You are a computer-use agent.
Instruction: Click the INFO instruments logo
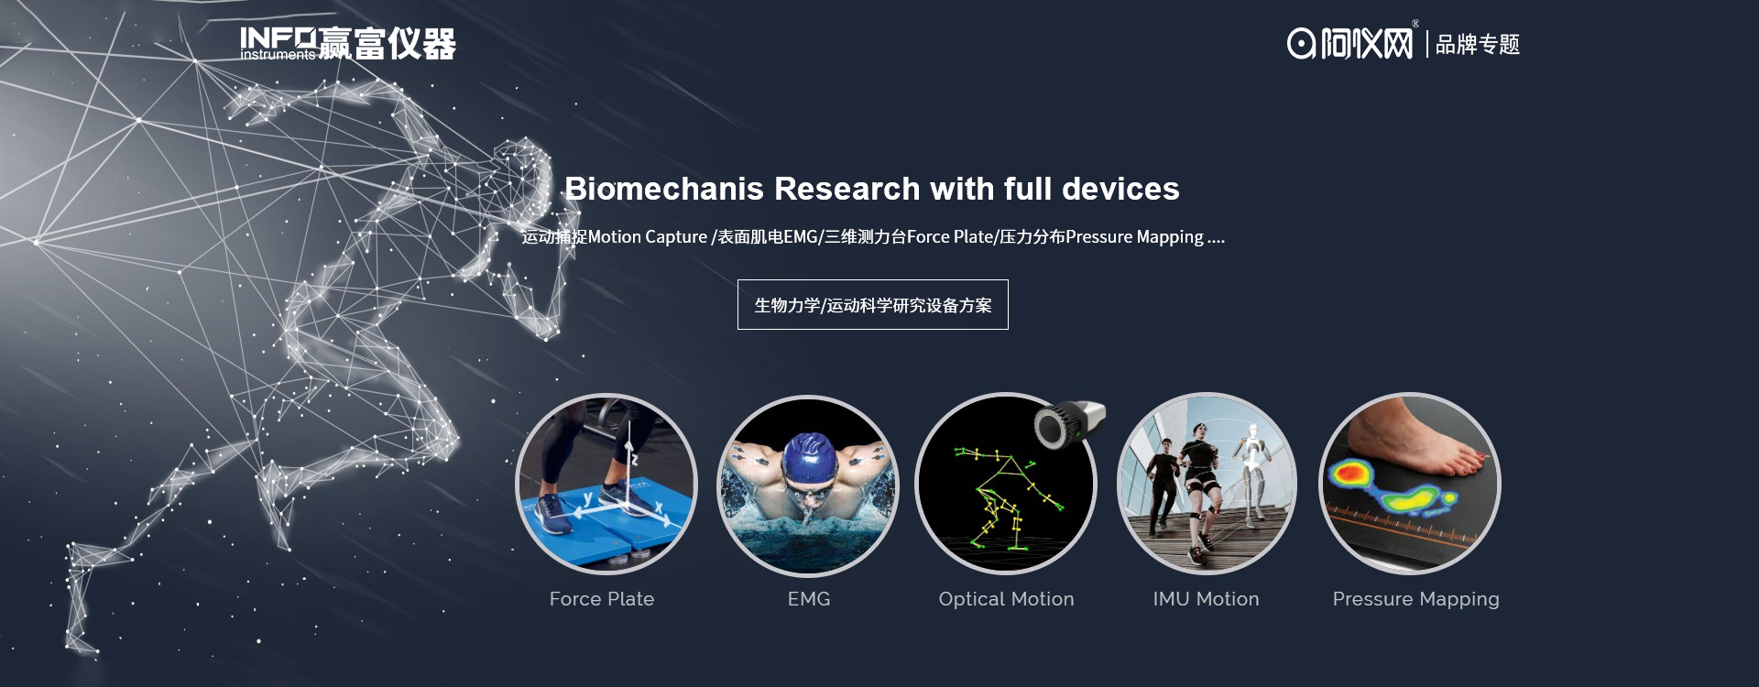coord(348,43)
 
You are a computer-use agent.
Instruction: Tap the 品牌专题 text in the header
coord(1477,44)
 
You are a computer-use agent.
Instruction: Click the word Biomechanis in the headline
coord(664,189)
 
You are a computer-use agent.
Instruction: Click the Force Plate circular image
coord(606,485)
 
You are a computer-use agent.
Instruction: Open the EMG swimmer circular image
coord(807,485)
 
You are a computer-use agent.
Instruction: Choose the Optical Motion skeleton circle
coord(1006,485)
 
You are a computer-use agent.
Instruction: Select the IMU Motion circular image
coord(1207,484)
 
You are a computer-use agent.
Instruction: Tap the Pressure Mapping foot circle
coord(1409,484)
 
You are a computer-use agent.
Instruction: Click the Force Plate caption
coord(602,599)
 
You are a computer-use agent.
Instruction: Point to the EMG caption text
coord(809,599)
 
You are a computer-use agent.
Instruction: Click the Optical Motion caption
coord(1006,599)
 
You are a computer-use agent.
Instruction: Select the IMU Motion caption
coord(1206,599)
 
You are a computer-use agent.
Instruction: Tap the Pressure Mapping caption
coord(1415,600)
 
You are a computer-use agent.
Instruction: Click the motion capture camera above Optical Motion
coord(1069,424)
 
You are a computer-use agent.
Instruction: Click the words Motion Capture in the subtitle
coord(648,237)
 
